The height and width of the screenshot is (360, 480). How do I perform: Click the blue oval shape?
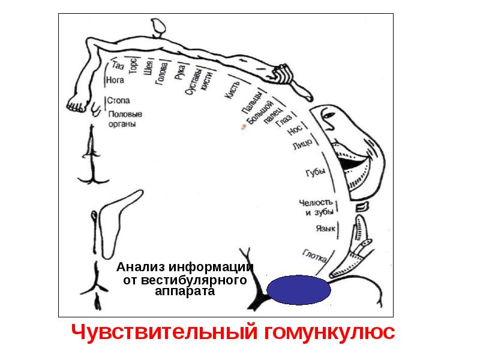pyautogui.click(x=298, y=290)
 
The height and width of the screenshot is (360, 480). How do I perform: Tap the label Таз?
pyautogui.click(x=118, y=65)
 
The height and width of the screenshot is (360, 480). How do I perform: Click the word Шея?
pyautogui.click(x=148, y=68)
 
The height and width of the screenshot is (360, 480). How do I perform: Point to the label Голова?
pyautogui.click(x=161, y=73)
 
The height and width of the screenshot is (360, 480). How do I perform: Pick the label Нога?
pyautogui.click(x=115, y=80)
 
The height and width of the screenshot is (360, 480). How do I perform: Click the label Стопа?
pyautogui.click(x=118, y=100)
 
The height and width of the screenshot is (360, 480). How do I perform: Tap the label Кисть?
pyautogui.click(x=233, y=90)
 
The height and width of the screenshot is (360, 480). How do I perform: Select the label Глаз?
pyautogui.click(x=283, y=121)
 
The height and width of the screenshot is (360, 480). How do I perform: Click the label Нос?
pyautogui.click(x=295, y=130)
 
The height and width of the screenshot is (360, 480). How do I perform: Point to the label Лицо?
pyautogui.click(x=302, y=144)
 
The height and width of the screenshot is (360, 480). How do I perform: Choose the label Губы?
pyautogui.click(x=316, y=172)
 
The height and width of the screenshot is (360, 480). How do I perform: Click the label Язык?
pyautogui.click(x=326, y=229)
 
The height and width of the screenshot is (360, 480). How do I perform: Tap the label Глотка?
pyautogui.click(x=314, y=256)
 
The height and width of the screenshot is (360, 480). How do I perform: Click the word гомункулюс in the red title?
pyautogui.click(x=329, y=332)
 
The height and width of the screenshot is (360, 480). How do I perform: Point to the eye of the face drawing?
pyautogui.click(x=329, y=115)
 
